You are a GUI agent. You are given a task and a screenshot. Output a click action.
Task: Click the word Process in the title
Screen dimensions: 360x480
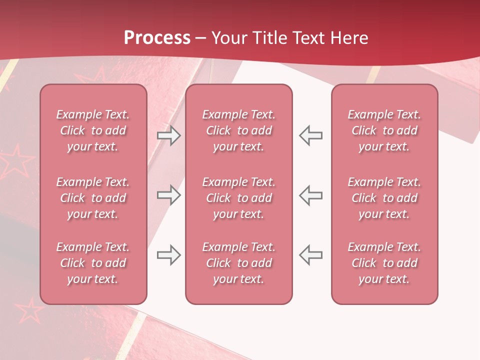tap(157, 38)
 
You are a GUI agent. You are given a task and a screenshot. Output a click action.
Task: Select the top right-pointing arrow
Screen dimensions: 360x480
tap(169, 135)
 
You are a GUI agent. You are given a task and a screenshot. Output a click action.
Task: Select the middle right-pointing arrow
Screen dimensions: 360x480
tap(169, 195)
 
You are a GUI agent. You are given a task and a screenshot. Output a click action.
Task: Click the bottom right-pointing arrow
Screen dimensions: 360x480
tap(169, 255)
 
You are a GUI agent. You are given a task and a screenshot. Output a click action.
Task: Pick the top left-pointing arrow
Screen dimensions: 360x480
tap(310, 135)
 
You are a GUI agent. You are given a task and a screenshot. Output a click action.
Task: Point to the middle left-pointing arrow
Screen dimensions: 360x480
tap(310, 195)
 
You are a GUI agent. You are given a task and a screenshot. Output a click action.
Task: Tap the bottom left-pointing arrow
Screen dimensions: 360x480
tap(310, 255)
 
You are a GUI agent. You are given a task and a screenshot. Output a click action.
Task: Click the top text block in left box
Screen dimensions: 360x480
tap(93, 130)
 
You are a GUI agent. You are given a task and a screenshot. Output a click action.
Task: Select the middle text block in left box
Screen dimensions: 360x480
tap(93, 198)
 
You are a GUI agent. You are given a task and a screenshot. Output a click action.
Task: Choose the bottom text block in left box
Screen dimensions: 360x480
tap(93, 263)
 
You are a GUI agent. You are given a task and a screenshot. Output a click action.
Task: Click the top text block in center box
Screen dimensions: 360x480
tap(238, 130)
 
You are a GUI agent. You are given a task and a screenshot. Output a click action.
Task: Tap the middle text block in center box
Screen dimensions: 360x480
tap(238, 198)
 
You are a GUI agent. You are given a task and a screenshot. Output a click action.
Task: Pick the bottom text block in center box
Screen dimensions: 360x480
tap(238, 263)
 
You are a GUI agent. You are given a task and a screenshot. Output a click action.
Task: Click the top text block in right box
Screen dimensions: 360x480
tap(384, 130)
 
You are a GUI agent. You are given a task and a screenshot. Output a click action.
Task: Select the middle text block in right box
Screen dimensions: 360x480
tap(384, 198)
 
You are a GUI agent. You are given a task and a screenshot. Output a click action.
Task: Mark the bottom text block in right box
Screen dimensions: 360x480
tap(384, 263)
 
